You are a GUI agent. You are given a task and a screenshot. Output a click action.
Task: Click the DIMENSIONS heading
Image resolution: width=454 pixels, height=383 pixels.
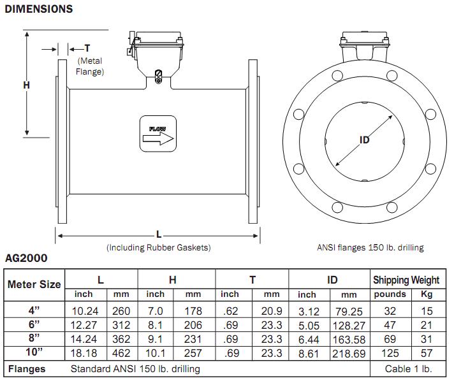(38, 9)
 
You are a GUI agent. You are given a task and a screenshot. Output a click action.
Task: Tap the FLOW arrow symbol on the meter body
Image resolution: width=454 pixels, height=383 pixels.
(157, 134)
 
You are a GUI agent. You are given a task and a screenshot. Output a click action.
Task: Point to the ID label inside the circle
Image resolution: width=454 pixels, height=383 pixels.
(364, 140)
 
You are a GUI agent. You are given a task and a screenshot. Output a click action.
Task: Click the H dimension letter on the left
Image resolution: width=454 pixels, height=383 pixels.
(27, 85)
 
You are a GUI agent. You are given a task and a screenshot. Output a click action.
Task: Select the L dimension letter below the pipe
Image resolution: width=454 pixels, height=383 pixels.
(157, 235)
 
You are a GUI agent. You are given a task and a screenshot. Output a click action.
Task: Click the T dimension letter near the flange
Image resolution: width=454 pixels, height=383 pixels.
(87, 49)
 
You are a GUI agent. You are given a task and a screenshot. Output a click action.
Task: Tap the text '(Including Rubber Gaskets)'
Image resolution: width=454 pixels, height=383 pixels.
(158, 247)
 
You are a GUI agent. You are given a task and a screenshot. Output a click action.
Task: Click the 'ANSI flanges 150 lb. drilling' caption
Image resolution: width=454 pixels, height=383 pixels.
(370, 247)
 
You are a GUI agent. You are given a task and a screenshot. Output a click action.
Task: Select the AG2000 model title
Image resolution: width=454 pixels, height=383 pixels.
(26, 259)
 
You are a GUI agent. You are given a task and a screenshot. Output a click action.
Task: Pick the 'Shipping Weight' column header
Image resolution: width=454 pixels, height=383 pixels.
(406, 280)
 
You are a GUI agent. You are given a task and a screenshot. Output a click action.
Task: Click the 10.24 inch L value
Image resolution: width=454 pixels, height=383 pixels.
(84, 312)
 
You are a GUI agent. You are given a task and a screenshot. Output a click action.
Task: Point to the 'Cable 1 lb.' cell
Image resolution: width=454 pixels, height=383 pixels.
(408, 369)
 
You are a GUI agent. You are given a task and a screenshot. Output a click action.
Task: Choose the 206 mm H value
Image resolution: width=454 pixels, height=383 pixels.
(193, 324)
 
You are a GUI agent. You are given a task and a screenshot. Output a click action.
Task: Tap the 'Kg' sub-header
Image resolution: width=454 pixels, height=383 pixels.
(426, 294)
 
